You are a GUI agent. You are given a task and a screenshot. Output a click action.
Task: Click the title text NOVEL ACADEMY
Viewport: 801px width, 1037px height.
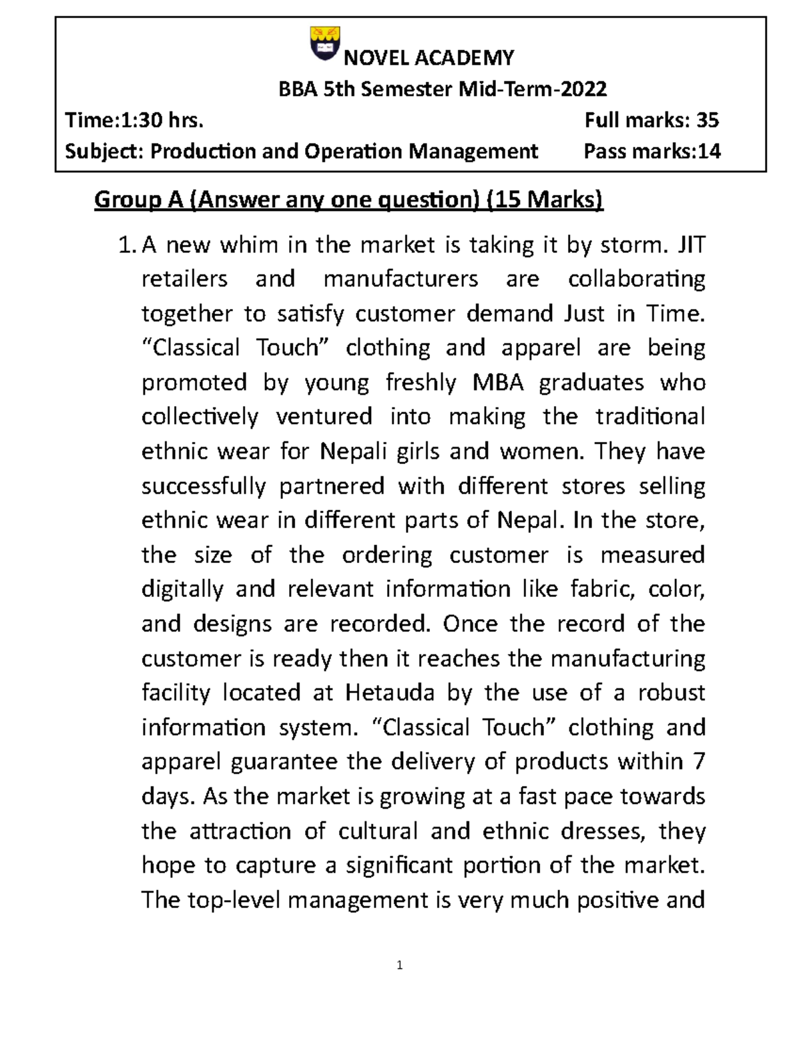click(429, 58)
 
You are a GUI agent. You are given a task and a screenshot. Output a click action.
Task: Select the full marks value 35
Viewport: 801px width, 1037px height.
click(708, 120)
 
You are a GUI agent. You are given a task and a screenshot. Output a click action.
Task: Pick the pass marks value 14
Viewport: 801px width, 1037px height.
click(709, 152)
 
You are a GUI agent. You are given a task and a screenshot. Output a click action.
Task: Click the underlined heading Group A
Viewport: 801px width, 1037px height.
click(139, 199)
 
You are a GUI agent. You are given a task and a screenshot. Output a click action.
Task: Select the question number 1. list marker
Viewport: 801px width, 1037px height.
click(127, 246)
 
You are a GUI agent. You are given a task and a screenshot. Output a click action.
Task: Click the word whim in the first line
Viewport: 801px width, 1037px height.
click(249, 245)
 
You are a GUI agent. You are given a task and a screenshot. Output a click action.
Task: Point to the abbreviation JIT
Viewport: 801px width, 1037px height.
click(692, 245)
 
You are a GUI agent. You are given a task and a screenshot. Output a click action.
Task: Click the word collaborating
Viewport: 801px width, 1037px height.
click(636, 279)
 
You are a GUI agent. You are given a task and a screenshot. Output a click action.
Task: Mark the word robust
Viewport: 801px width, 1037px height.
click(672, 692)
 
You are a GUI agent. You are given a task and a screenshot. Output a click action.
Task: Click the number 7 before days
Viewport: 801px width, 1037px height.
click(699, 761)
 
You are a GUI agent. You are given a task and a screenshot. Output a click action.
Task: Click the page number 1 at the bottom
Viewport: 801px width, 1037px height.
click(399, 966)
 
